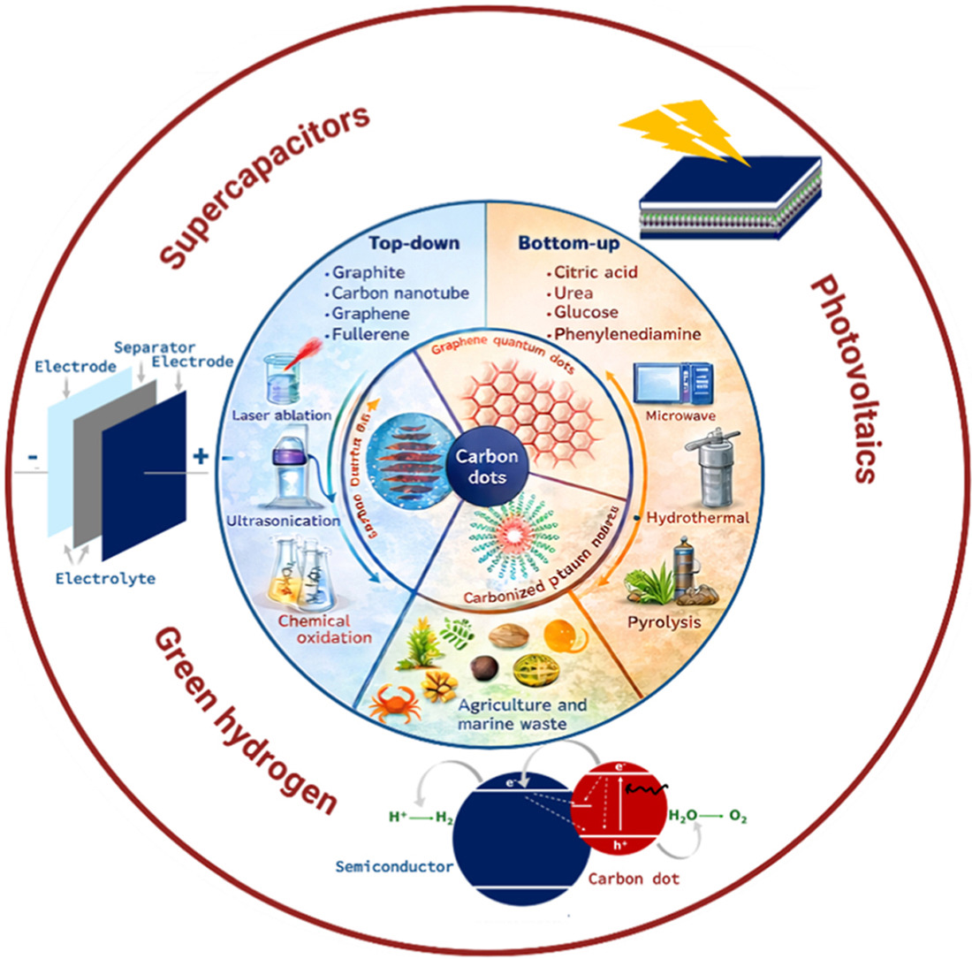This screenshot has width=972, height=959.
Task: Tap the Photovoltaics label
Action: [x=842, y=378]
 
